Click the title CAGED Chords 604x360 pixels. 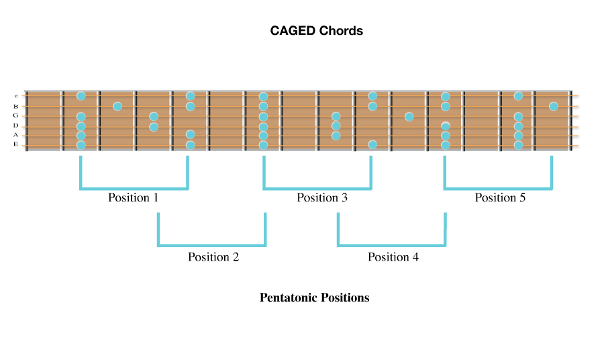tap(316, 31)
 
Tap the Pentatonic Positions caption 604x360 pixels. tap(314, 298)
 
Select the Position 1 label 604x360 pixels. tap(134, 197)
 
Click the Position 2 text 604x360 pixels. tap(213, 257)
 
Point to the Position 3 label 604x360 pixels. tap(322, 197)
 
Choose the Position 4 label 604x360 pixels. tap(393, 257)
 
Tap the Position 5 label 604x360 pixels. tap(500, 197)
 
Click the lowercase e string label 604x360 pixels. tap(15, 96)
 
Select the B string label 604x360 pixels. tap(15, 106)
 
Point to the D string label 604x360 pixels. tap(15, 126)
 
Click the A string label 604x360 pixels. tap(15, 135)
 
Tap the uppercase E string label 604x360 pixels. tap(15, 144)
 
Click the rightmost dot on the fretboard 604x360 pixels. tap(553, 106)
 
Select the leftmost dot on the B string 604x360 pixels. tap(117, 106)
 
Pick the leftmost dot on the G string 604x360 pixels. tap(81, 116)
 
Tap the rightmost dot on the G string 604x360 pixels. tap(518, 116)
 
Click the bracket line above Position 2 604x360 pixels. tap(212, 245)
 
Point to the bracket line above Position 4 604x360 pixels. tap(391, 245)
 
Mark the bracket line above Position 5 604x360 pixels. tap(498, 189)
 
